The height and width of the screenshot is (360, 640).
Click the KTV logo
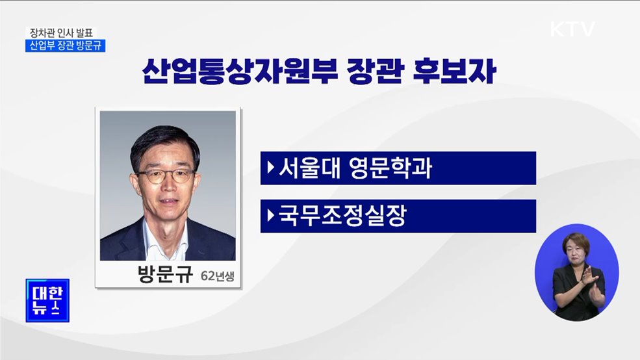(572, 29)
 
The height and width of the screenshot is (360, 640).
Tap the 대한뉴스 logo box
(47, 300)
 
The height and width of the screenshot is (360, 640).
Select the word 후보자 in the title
(455, 71)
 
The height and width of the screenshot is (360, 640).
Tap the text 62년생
(216, 275)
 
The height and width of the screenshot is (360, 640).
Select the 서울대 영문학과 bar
(398, 168)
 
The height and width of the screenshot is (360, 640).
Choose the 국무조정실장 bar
(398, 216)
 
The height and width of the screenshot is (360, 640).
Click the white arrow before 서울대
(270, 168)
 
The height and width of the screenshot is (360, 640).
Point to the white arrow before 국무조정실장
(270, 216)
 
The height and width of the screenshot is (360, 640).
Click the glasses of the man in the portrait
(165, 175)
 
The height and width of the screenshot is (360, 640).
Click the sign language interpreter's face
(575, 250)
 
